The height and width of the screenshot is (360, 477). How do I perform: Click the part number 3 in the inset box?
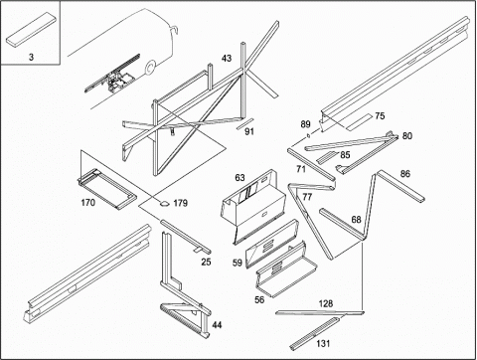[x=31, y=57]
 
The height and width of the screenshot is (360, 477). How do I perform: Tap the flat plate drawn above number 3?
[x=31, y=29]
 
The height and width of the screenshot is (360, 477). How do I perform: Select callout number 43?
[x=227, y=59]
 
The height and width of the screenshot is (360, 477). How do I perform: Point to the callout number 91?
[x=249, y=131]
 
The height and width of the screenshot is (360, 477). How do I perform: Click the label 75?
[x=380, y=116]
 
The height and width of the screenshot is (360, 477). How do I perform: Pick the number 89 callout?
[x=305, y=124]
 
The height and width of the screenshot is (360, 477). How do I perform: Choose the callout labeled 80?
[x=407, y=136]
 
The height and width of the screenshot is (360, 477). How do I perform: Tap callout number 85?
[x=345, y=155]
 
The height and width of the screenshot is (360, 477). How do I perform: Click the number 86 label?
[x=405, y=174]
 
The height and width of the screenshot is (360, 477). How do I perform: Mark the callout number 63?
[x=239, y=178]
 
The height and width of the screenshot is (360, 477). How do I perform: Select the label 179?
[x=180, y=203]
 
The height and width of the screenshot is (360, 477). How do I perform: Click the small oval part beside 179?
[x=164, y=203]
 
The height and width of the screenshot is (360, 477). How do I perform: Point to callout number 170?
[x=88, y=203]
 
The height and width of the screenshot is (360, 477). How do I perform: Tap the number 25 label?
[x=206, y=262]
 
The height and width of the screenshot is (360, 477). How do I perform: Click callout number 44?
[x=217, y=325]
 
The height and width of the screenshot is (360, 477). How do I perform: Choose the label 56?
[x=259, y=299]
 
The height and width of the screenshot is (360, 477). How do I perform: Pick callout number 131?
[x=323, y=343]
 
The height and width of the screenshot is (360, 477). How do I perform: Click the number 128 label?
[x=326, y=303]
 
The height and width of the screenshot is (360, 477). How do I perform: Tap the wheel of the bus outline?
[x=150, y=68]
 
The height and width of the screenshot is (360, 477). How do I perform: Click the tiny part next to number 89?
[x=309, y=135]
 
